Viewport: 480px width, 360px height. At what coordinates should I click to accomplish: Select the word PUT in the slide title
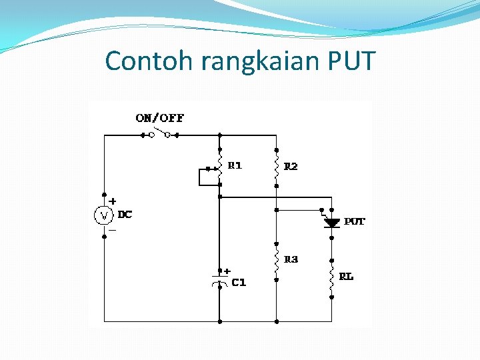click(352, 61)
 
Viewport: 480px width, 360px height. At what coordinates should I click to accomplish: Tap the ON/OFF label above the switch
click(159, 118)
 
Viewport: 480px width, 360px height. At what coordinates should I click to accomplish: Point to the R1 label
click(235, 165)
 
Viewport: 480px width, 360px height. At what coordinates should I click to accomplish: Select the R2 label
click(291, 166)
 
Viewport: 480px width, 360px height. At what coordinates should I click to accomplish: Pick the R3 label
click(291, 259)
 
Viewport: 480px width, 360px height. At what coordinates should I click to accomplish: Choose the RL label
click(346, 277)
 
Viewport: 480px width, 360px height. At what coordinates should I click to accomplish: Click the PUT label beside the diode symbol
click(355, 221)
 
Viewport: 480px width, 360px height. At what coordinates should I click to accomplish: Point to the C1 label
click(239, 283)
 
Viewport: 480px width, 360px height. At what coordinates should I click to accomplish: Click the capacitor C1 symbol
click(219, 279)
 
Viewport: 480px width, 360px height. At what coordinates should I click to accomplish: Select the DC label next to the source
click(125, 215)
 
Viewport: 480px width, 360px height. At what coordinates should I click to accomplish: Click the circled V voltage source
click(103, 215)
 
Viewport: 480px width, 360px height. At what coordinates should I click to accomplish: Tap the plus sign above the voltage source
click(113, 200)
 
